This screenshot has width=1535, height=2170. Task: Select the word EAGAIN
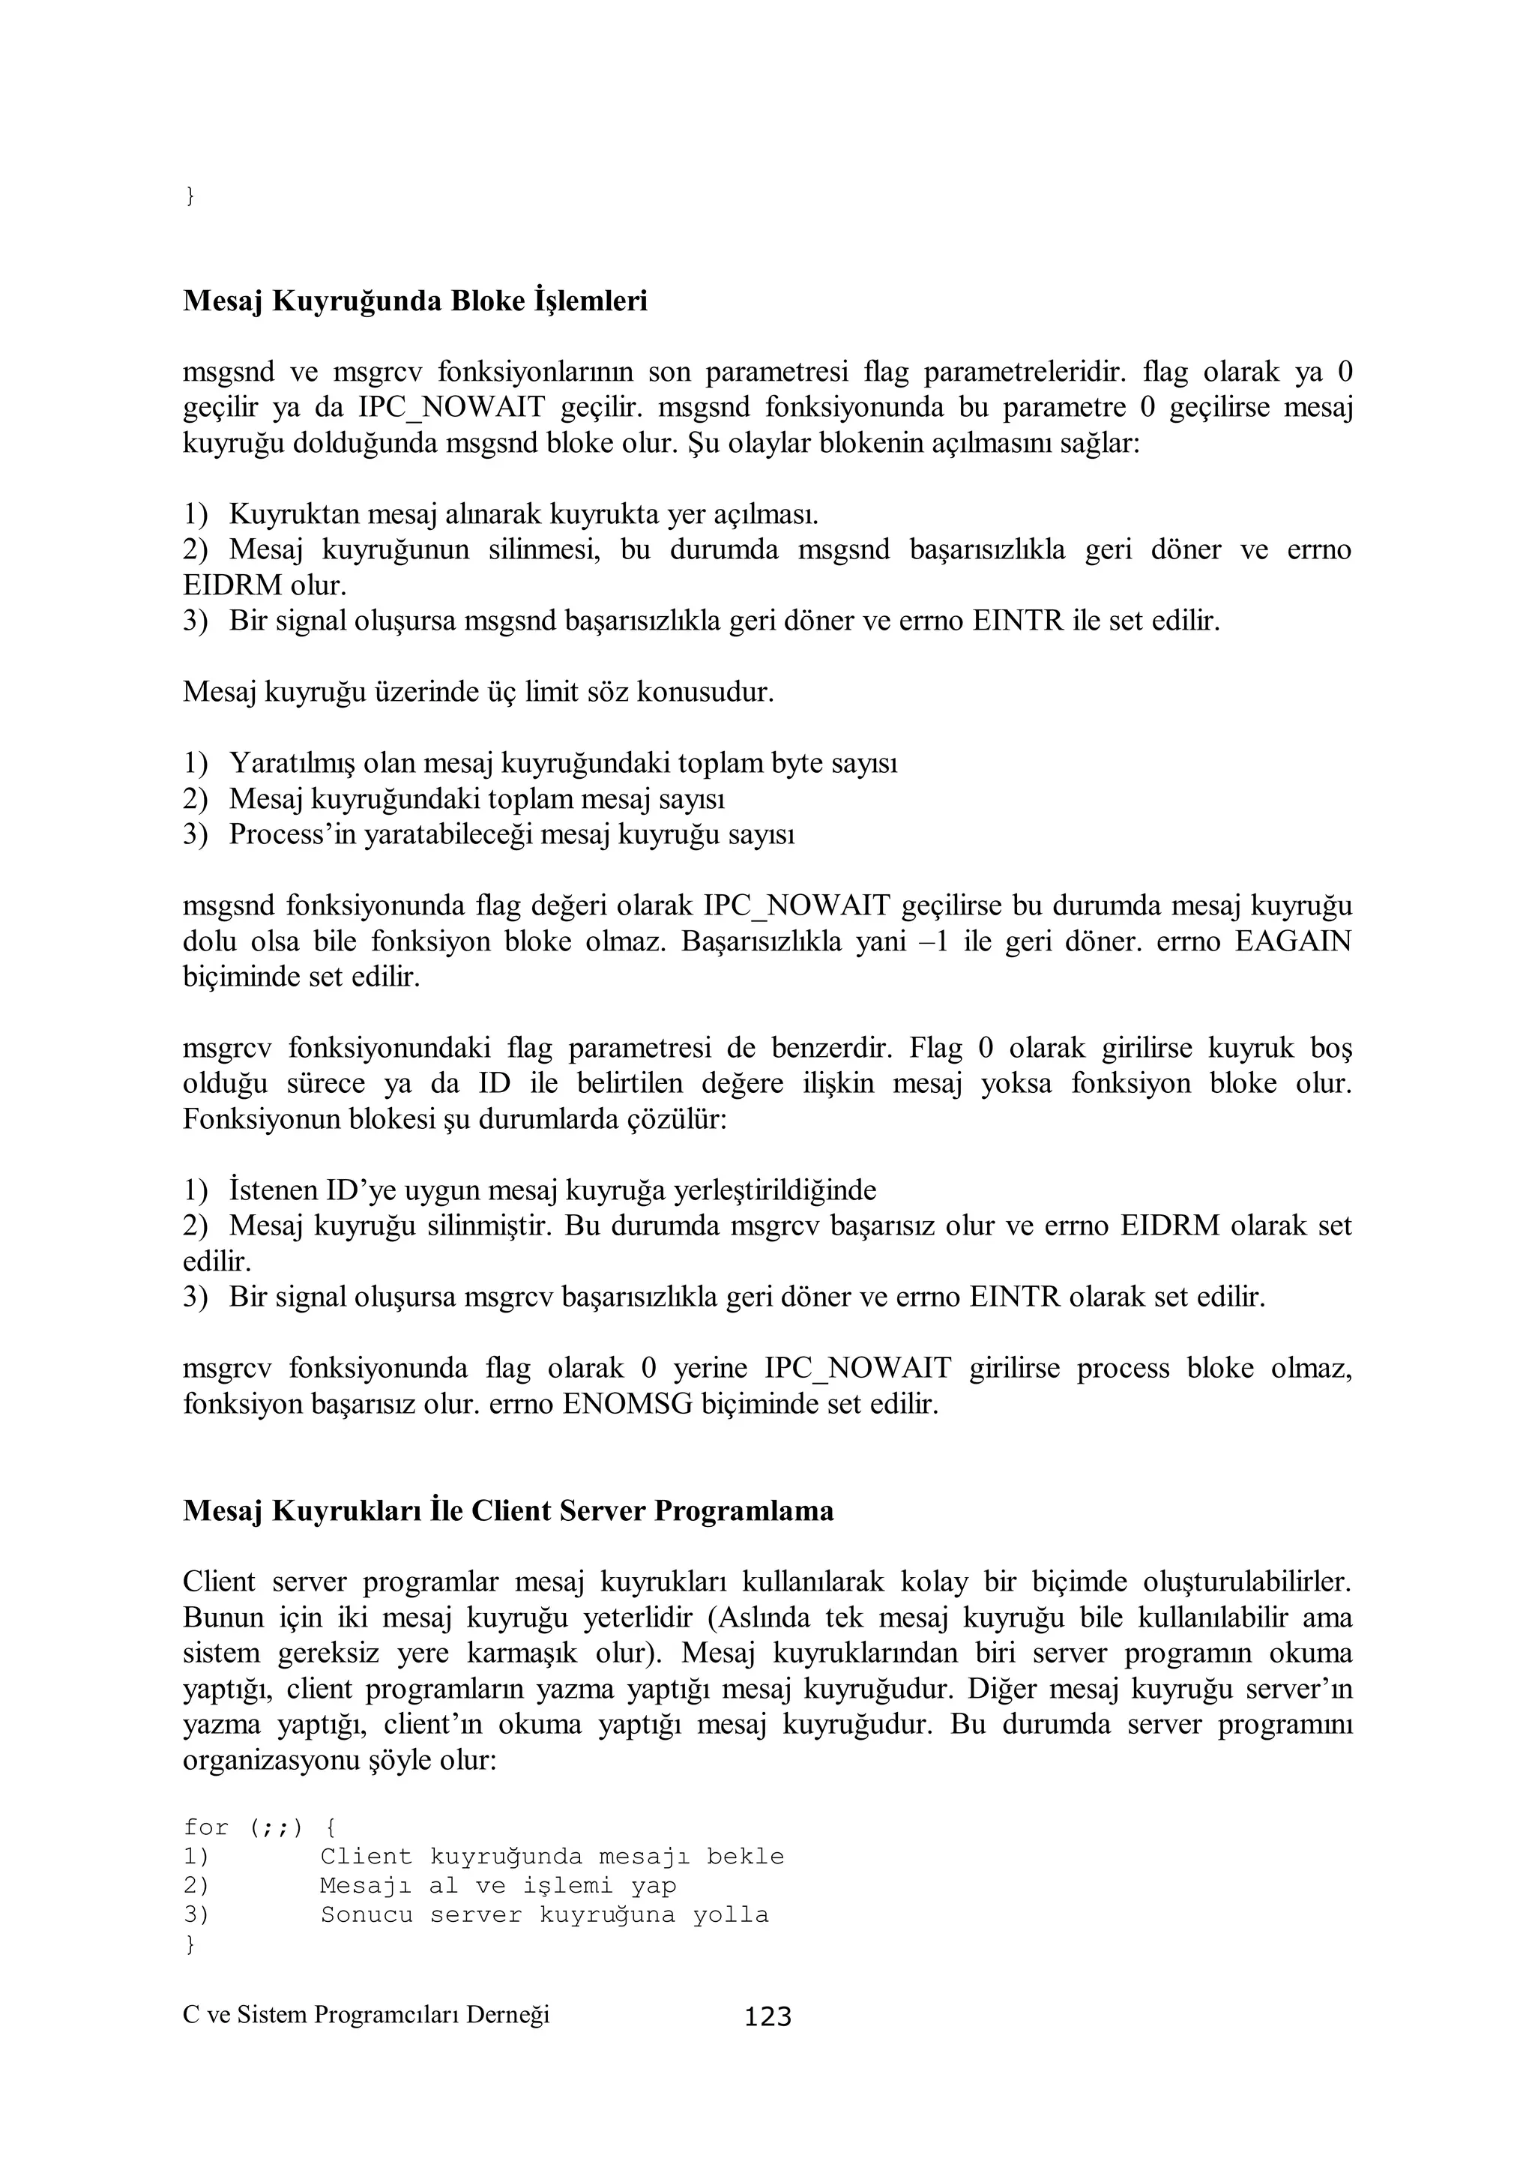click(1293, 941)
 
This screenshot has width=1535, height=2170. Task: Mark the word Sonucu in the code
click(366, 1915)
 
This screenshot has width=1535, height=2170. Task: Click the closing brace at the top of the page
click(190, 196)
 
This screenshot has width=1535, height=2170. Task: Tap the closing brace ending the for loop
click(190, 1944)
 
